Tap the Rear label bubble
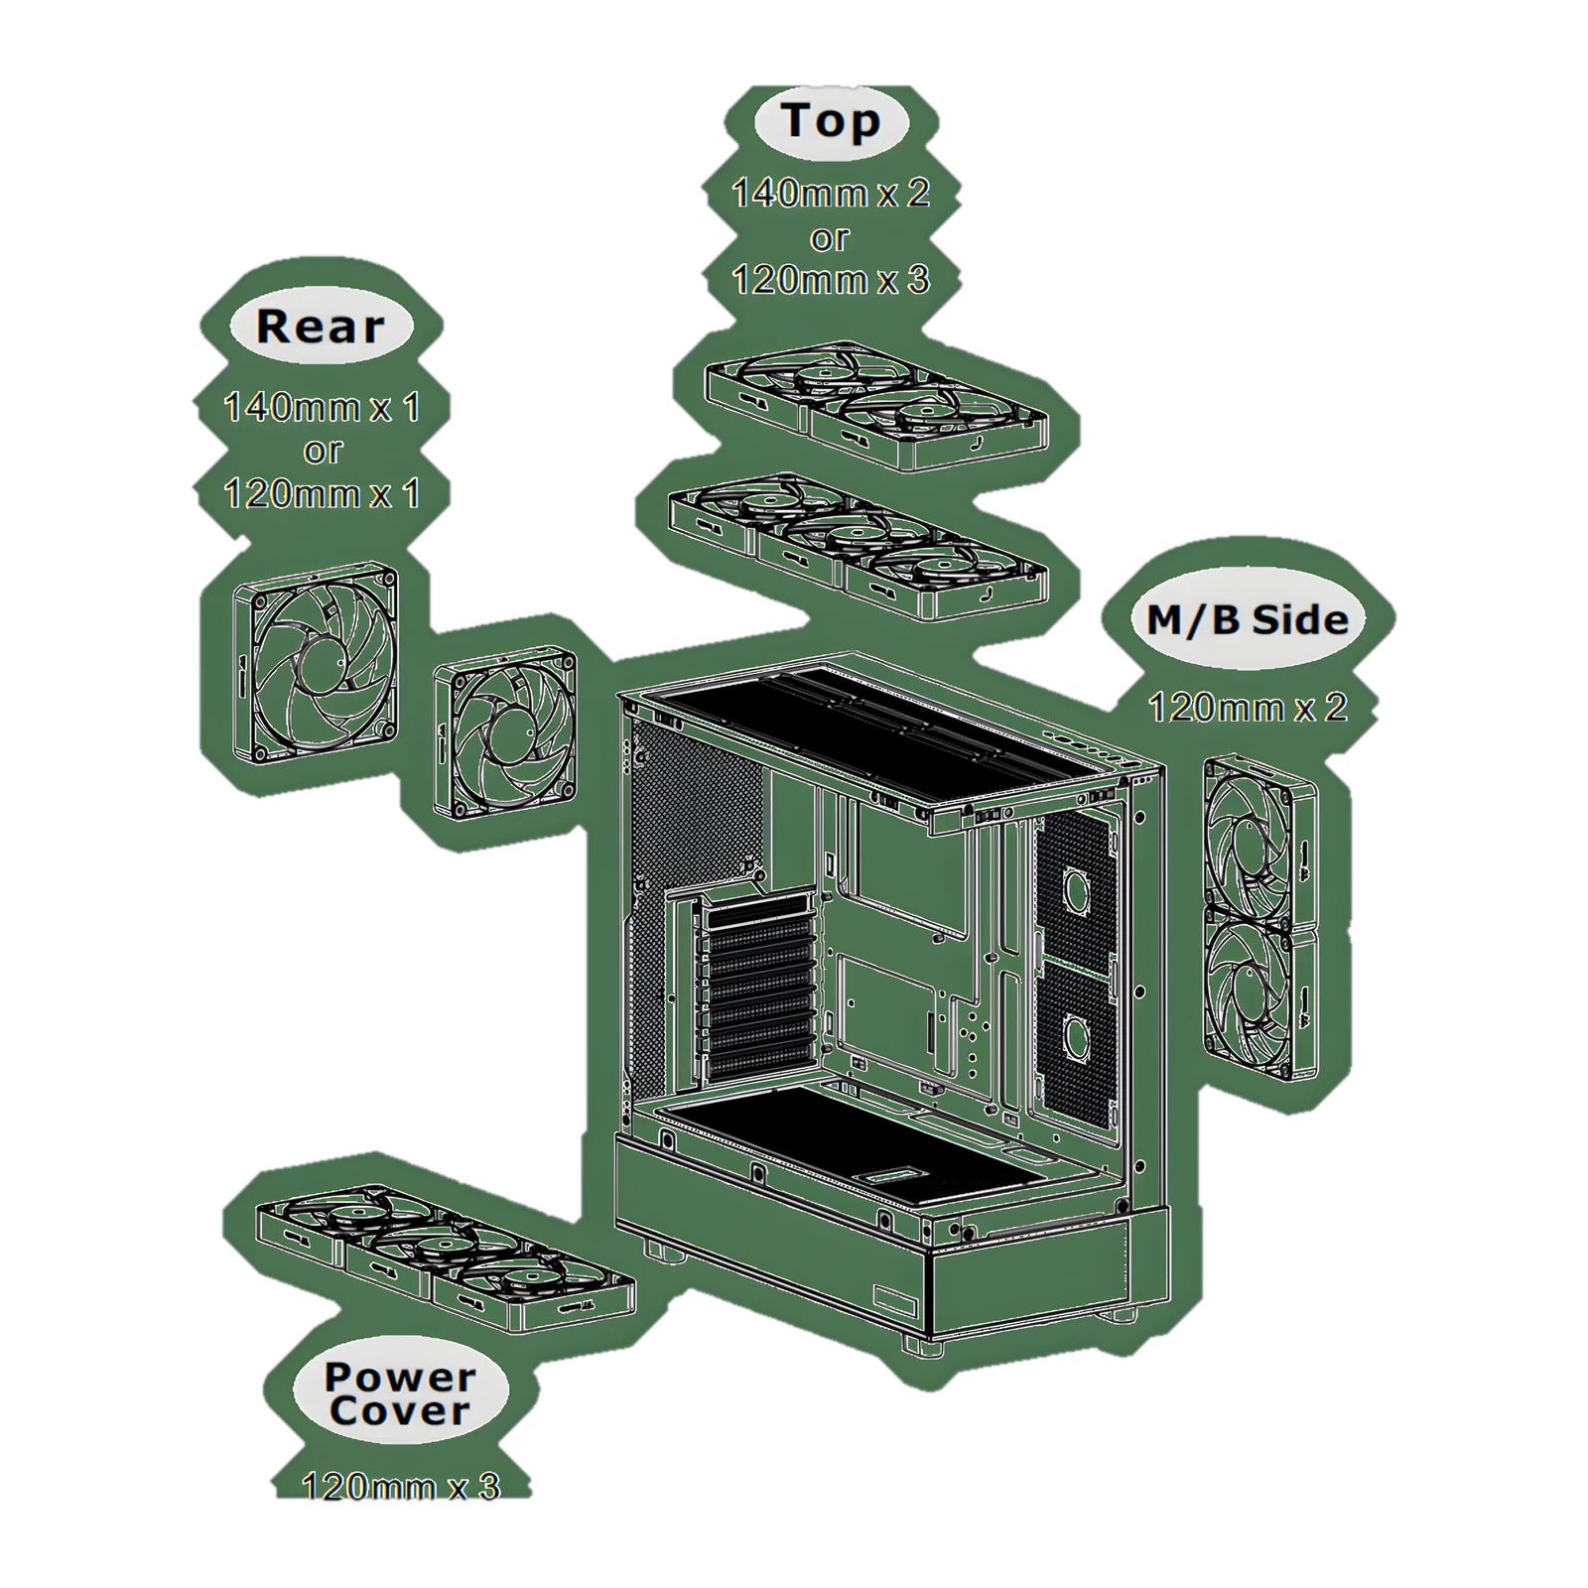(321, 327)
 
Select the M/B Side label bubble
(1248, 620)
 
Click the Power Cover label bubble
(400, 1393)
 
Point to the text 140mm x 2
(831, 193)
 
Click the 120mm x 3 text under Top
(831, 280)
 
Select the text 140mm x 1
(322, 407)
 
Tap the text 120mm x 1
(322, 493)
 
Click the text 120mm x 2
(1248, 708)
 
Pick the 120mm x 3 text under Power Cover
(401, 1486)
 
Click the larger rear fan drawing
(317, 666)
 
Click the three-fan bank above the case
(859, 547)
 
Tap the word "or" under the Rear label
(323, 451)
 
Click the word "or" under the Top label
(830, 238)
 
